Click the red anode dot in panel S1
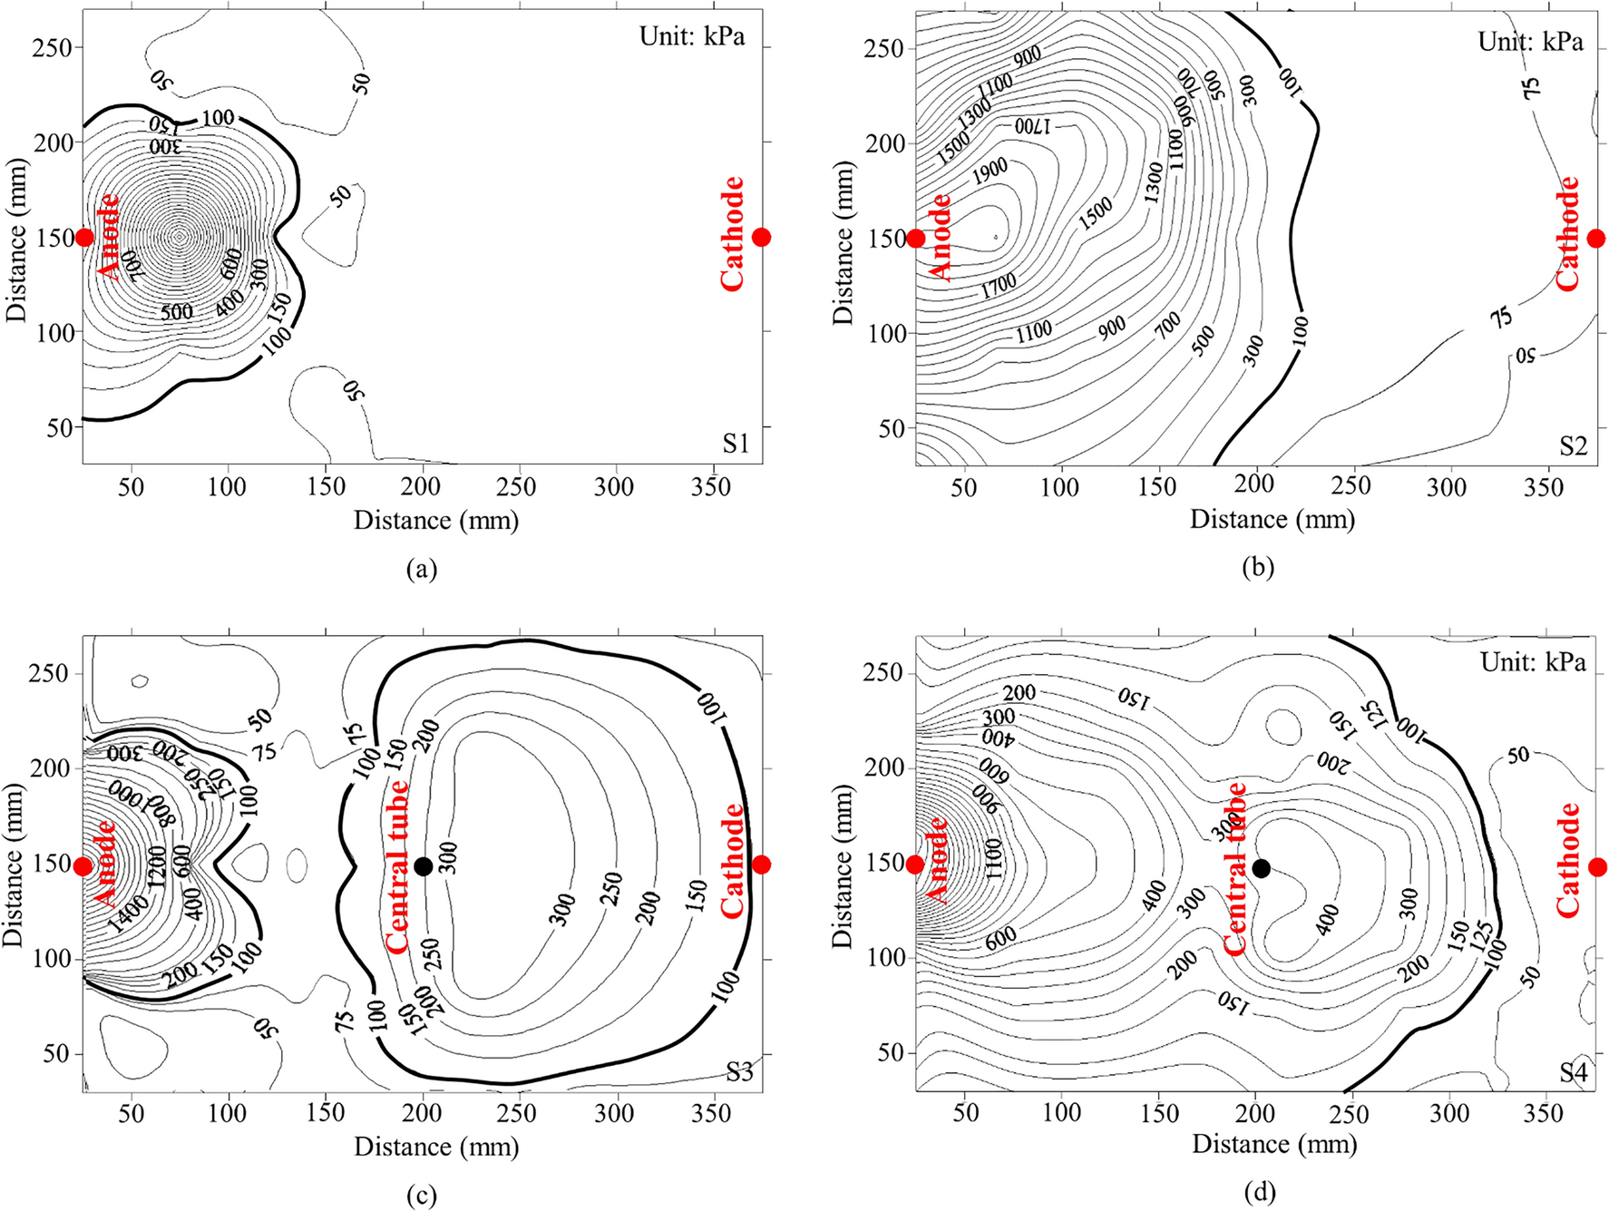point(84,238)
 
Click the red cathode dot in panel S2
point(1596,239)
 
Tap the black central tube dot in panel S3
point(423,866)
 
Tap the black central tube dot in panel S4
point(1261,868)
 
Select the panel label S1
point(736,444)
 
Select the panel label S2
point(1574,445)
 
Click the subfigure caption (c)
point(422,1196)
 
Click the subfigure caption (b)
point(1259,568)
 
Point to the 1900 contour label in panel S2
point(990,171)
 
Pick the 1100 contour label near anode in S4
point(993,857)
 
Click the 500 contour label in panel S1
point(177,312)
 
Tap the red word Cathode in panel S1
point(732,234)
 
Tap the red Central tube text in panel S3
point(397,866)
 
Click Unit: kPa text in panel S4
point(1533,663)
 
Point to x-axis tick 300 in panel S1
point(613,487)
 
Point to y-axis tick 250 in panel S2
point(884,48)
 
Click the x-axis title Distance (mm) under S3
point(436,1147)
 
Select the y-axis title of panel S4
point(844,866)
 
